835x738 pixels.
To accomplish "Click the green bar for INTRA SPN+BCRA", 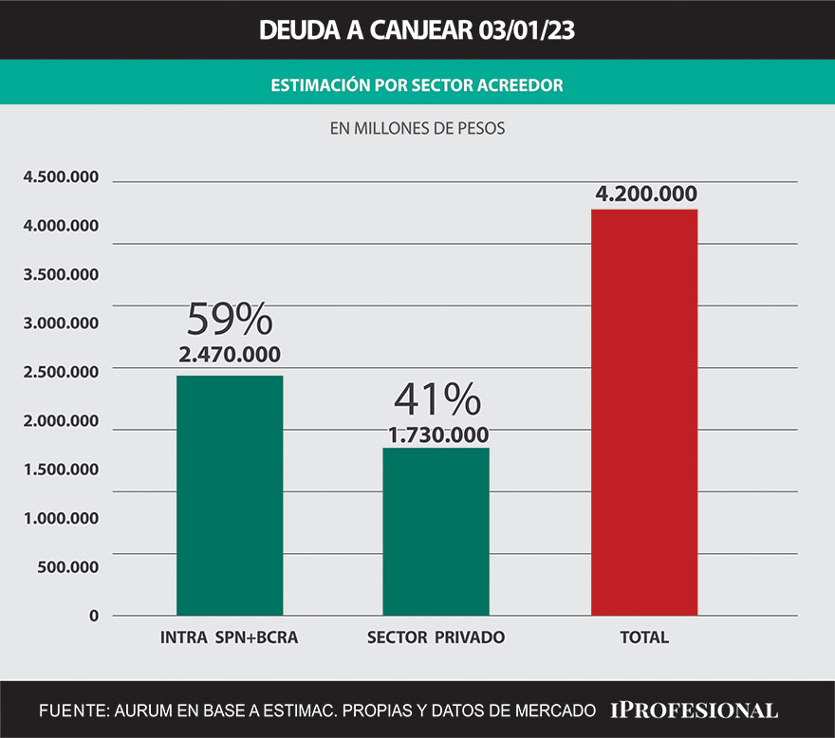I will (x=230, y=495).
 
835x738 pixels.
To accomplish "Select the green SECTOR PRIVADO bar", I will (x=436, y=531).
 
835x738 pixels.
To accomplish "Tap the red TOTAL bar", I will (x=644, y=412).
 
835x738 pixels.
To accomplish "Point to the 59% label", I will (x=229, y=321).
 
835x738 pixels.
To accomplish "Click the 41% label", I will (x=436, y=401).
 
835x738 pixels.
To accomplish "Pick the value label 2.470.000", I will (x=230, y=356).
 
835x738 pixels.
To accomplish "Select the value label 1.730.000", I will (x=436, y=435).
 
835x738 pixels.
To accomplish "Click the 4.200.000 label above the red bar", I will (x=646, y=194).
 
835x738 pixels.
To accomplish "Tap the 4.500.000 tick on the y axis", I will (x=61, y=176).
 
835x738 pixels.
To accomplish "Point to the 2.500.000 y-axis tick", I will (x=61, y=372).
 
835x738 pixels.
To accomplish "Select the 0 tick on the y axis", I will (x=94, y=616).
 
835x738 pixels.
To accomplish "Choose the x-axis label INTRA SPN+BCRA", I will (x=230, y=637).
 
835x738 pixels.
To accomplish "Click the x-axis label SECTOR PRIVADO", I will (x=436, y=637).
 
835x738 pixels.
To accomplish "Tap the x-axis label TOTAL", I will (x=644, y=637).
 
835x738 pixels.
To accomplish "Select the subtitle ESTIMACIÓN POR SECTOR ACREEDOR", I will (x=417, y=84).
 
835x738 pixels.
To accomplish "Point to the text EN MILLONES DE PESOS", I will (x=417, y=128).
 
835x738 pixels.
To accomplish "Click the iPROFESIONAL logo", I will (x=694, y=710).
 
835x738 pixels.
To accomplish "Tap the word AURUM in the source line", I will (x=139, y=710).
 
